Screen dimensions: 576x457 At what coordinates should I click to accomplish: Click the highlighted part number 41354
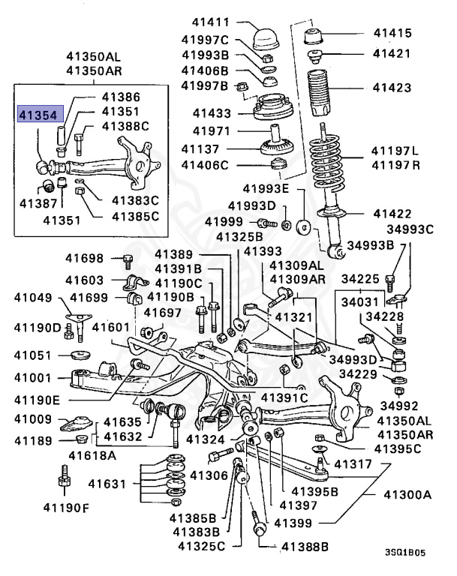[42, 115]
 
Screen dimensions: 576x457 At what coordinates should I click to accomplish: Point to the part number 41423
[393, 88]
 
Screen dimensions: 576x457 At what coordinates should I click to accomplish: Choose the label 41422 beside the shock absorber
[393, 214]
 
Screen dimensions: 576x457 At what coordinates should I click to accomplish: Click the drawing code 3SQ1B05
[405, 551]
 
